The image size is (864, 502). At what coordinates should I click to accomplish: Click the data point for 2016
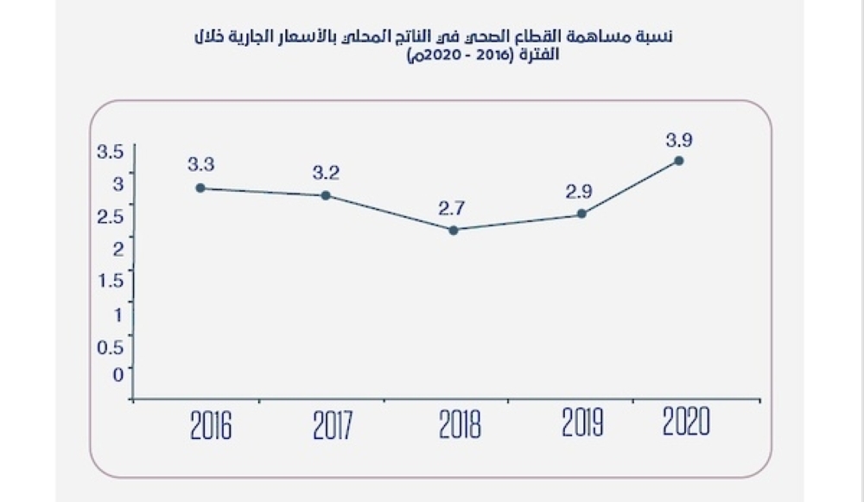coord(200,187)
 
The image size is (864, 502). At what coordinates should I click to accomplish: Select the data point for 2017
coord(326,195)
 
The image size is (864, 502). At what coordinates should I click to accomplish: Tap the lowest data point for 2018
coord(454,230)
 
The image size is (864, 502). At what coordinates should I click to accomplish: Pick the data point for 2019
coord(581,213)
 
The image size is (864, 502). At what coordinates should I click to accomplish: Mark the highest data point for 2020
coord(679,161)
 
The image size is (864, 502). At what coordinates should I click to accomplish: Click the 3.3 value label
coord(200,163)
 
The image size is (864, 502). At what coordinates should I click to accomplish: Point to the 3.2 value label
coord(326,172)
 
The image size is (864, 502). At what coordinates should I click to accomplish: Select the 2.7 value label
coord(451,207)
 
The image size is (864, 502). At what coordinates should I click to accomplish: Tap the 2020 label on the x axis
coord(687,423)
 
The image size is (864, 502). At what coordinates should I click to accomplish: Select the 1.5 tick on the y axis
coord(112,279)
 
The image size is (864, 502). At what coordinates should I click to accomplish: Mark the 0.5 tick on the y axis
coord(113,346)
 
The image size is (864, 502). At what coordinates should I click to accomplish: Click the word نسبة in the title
coord(658,37)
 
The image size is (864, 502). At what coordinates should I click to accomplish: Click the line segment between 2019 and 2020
coord(631,187)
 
